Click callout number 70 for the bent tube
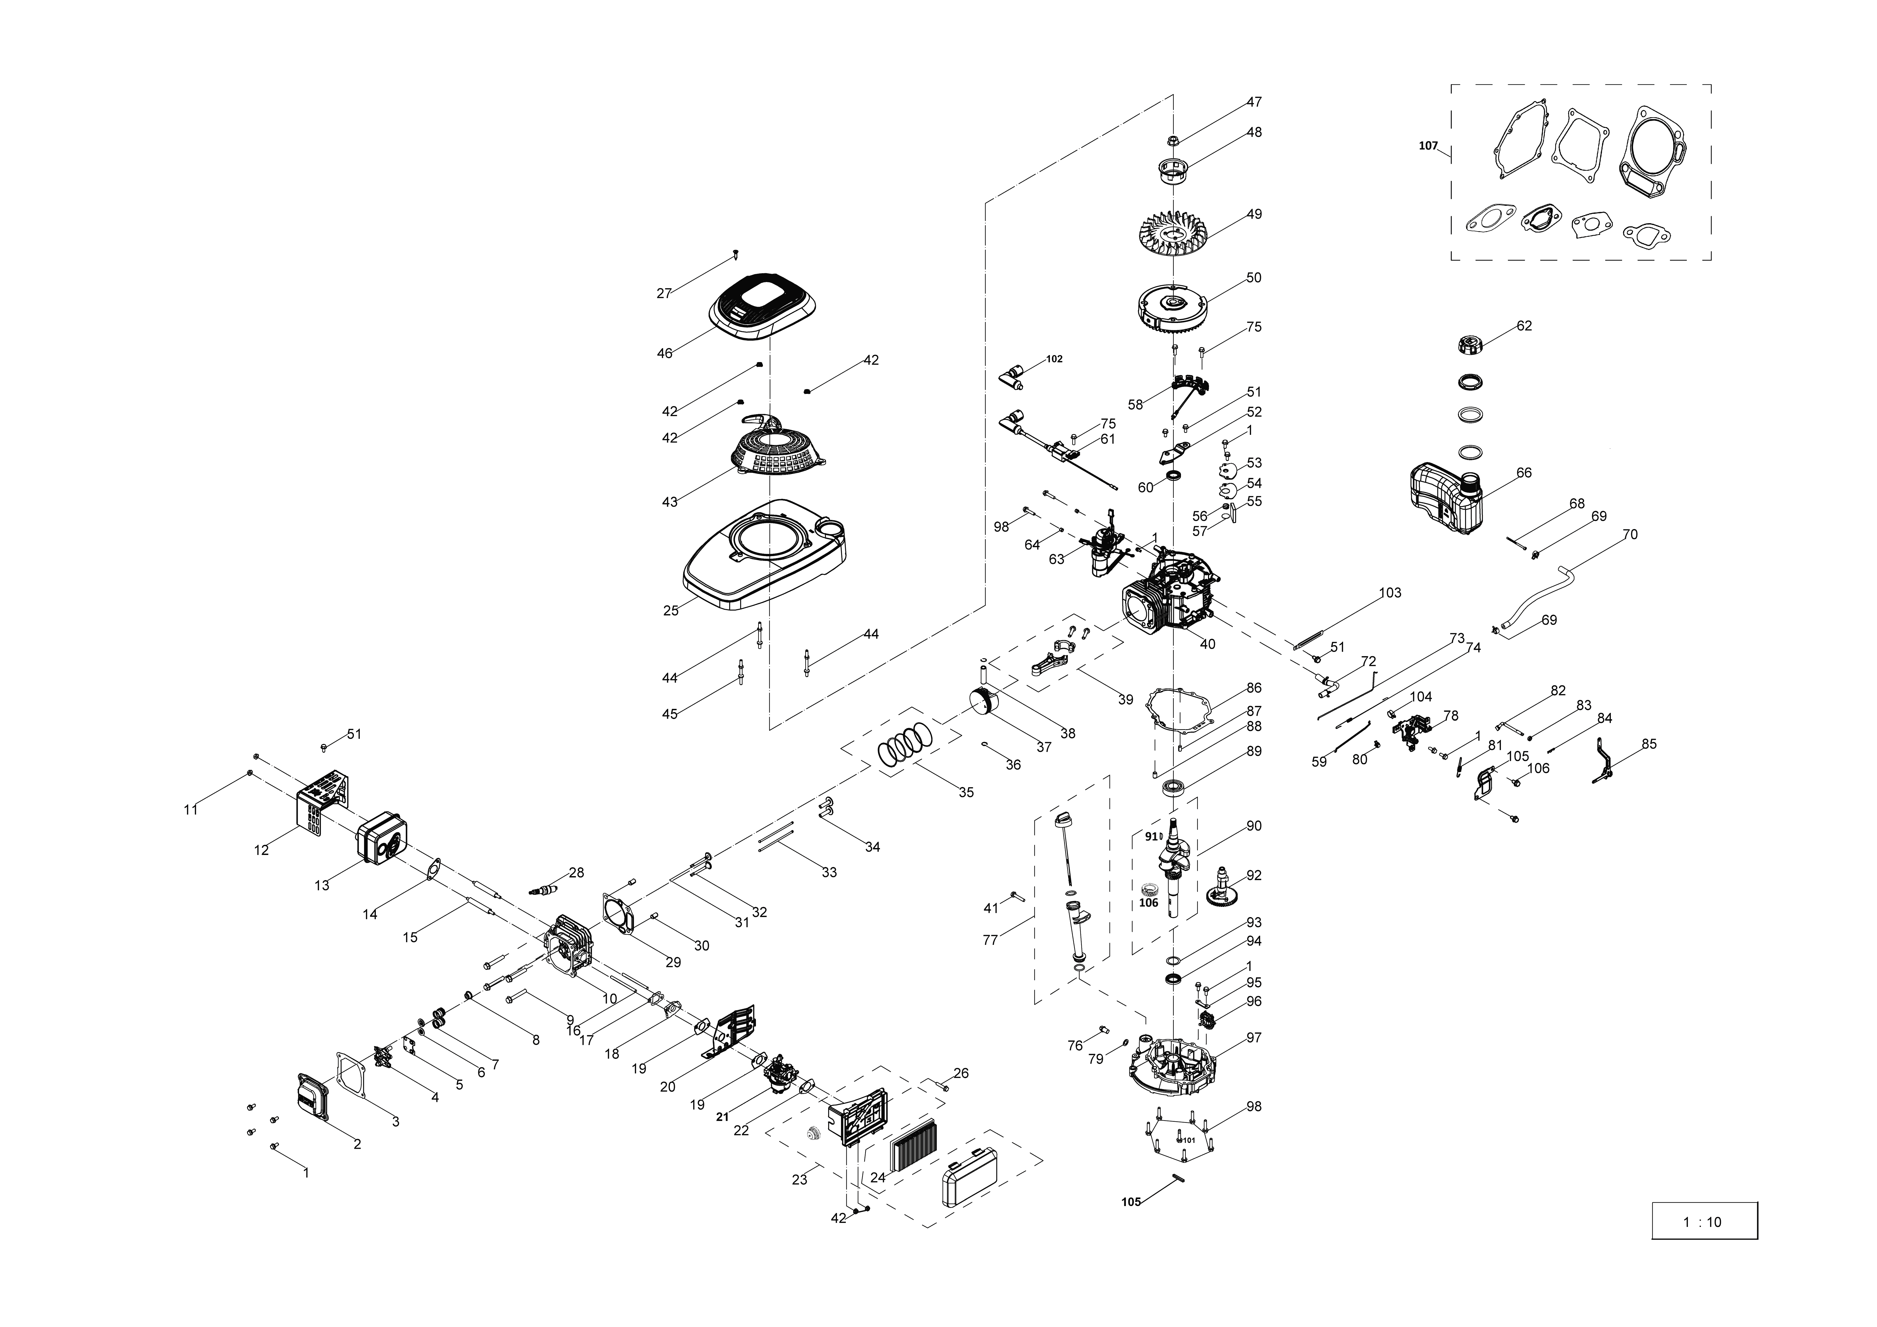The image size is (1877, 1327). coord(1629,535)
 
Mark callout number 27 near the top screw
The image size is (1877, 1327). coord(664,294)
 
